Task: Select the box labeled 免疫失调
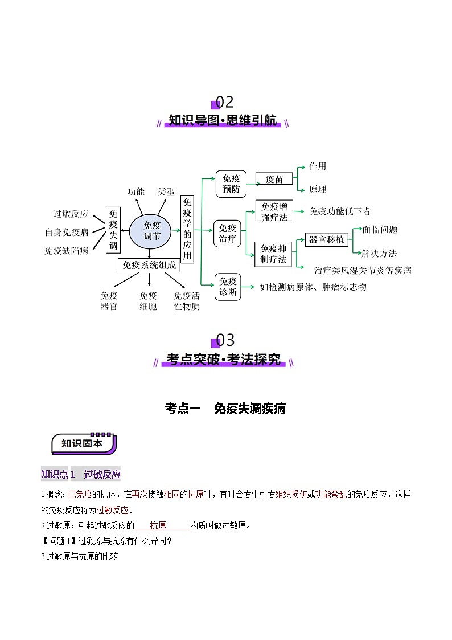coord(113,230)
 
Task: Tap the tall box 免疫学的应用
coord(187,230)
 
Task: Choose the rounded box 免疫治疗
coord(228,234)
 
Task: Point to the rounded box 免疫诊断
coord(228,287)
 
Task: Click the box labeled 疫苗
coord(274,179)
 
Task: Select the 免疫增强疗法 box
coord(274,211)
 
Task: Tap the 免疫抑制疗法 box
coord(274,254)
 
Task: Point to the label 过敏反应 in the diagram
coord(71,214)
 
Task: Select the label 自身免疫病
coord(67,232)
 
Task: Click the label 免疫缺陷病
coord(67,250)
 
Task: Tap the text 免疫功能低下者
coord(340,211)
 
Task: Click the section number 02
coord(224,103)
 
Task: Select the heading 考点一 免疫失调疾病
coord(225,408)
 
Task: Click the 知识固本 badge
coord(83,443)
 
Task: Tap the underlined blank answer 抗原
coord(158,525)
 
